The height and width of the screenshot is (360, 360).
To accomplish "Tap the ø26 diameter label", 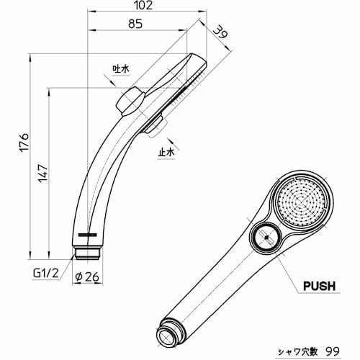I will tap(88, 274).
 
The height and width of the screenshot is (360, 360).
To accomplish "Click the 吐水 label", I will tap(120, 68).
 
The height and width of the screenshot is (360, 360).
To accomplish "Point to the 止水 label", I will tap(166, 152).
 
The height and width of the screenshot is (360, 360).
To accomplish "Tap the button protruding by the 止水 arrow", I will tap(154, 127).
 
